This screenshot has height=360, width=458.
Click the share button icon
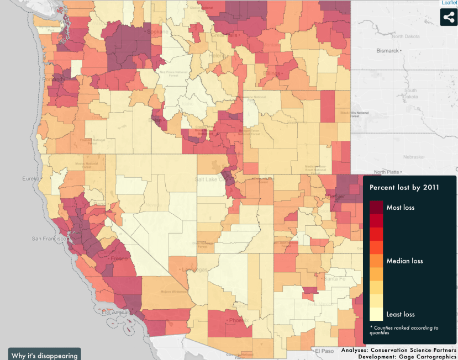pos(449,17)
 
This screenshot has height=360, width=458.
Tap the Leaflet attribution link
pos(449,3)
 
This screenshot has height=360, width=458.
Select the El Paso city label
pos(325,350)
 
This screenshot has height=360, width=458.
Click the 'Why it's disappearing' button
pos(44,355)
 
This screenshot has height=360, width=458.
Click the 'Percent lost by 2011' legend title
pos(404,187)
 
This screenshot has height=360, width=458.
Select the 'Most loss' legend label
pos(400,208)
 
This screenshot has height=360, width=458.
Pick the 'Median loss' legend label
pos(404,261)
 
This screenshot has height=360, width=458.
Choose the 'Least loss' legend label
pos(401,314)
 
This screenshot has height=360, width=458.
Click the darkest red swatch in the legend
pos(376,207)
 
